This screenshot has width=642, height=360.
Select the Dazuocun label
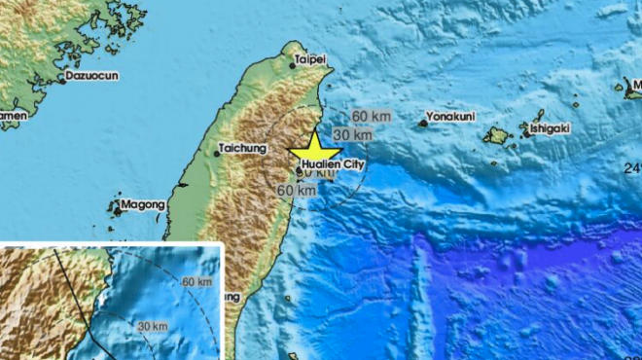click(x=90, y=75)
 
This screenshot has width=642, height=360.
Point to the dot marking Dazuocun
click(x=61, y=80)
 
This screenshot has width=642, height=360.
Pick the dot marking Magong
click(x=117, y=208)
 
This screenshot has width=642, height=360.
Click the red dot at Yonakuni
click(x=423, y=123)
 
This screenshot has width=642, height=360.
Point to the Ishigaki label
click(x=550, y=128)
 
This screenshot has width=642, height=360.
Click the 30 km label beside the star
click(x=347, y=134)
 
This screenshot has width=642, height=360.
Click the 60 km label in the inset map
click(x=196, y=281)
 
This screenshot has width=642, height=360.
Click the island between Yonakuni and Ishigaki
click(x=497, y=136)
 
